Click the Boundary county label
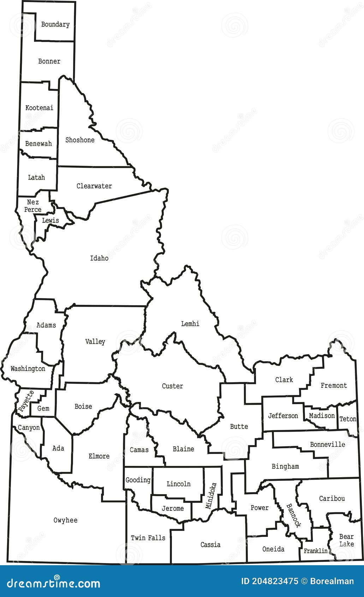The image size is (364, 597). (x=55, y=24)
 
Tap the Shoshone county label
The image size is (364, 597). (x=80, y=140)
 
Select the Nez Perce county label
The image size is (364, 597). (x=33, y=206)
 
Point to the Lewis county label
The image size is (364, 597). (x=50, y=220)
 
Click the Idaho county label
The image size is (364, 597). (x=99, y=258)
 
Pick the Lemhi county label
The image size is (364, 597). (x=190, y=324)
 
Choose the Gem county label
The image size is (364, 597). (x=43, y=408)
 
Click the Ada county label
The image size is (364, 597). (x=58, y=448)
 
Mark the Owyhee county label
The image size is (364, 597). (x=65, y=520)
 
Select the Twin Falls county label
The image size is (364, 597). (x=148, y=538)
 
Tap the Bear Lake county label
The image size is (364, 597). (x=346, y=540)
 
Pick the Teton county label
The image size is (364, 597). (x=348, y=419)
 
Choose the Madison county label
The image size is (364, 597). (x=322, y=416)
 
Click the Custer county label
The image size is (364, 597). (x=172, y=386)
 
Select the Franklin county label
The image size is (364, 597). (x=315, y=551)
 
